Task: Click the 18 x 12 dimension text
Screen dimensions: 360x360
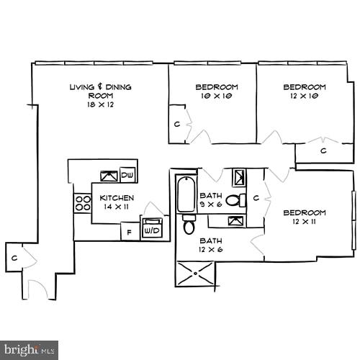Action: coord(101,104)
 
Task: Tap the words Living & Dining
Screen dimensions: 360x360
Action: coord(100,87)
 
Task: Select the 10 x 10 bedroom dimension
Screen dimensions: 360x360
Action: coord(217,96)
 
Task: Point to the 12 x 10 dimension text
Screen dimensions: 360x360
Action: coord(304,96)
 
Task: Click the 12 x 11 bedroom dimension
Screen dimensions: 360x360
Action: coord(304,221)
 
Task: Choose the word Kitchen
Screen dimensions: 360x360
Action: coord(117,197)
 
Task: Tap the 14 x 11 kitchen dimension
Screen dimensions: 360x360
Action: coord(117,207)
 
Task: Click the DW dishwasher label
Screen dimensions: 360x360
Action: coord(127,175)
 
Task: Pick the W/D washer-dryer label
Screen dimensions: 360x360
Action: coord(152,231)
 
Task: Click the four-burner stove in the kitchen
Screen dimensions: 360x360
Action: coord(81,203)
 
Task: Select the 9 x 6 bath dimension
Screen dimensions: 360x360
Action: coord(211,204)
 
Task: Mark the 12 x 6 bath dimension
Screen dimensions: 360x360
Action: coord(211,249)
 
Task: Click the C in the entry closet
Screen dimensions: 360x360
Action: coord(14,256)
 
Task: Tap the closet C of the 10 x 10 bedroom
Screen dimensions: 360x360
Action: coord(176,123)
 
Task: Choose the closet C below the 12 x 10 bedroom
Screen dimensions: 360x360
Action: coord(324,150)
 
